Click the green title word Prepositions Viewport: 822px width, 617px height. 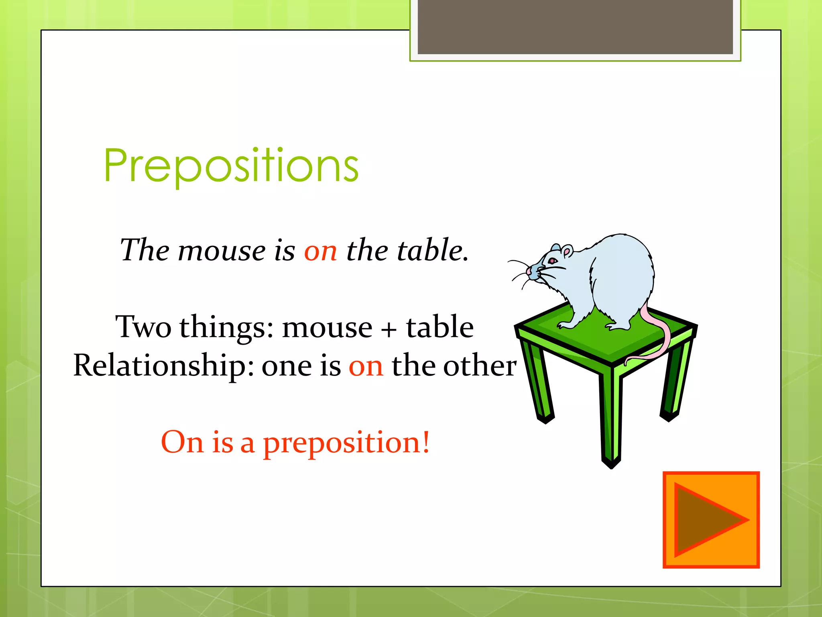(231, 165)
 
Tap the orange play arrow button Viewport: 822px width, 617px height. (711, 520)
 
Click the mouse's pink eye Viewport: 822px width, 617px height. (552, 261)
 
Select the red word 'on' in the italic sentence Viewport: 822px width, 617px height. (320, 251)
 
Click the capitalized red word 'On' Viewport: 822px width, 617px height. (182, 442)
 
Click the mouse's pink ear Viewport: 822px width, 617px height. (567, 252)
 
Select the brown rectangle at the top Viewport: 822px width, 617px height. (575, 27)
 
